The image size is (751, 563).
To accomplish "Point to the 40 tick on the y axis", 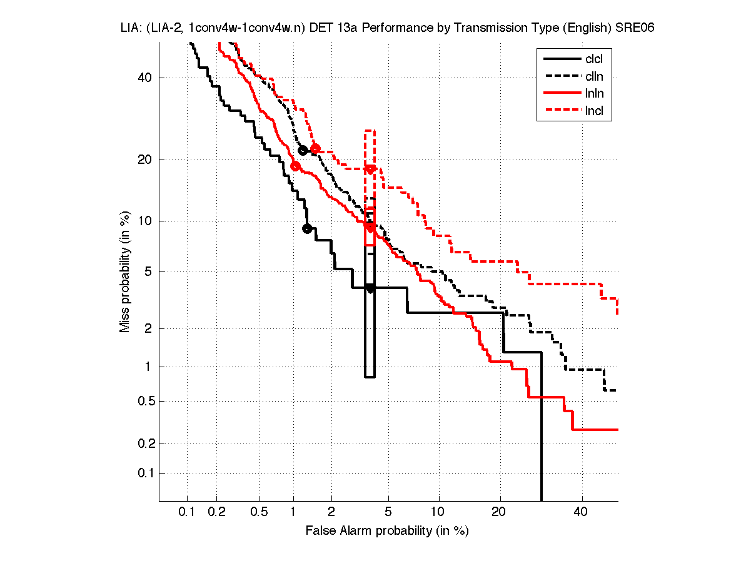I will [145, 78].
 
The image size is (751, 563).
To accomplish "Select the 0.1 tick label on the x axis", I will [187, 512].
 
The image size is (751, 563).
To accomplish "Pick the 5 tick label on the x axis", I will [388, 512].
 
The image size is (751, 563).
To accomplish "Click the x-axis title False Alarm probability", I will [387, 531].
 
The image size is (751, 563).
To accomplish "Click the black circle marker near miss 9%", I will [307, 228].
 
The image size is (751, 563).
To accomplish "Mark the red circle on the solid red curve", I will [295, 166].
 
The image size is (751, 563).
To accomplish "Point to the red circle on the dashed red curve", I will [315, 148].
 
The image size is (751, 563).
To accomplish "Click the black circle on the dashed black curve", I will [303, 150].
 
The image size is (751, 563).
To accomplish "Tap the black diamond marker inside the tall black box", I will [370, 288].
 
